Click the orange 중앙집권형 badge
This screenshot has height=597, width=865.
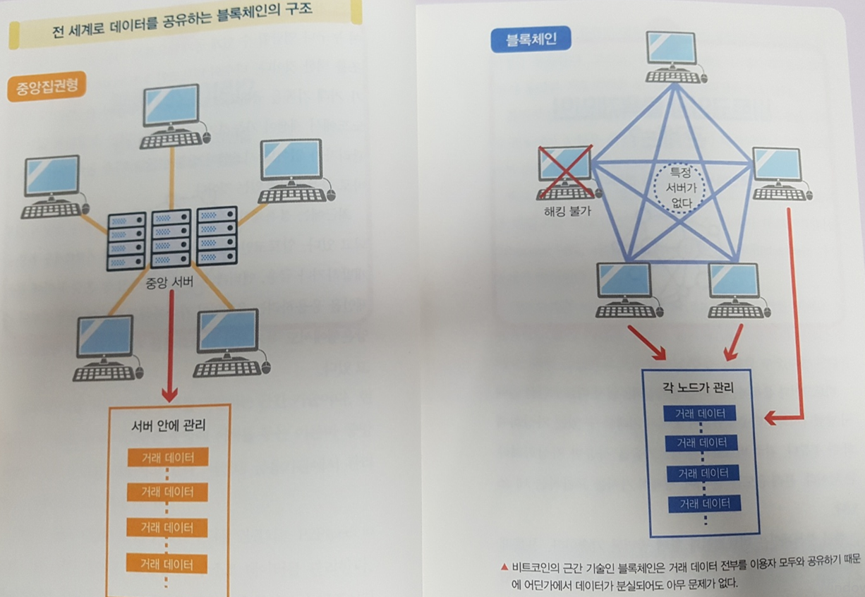(x=47, y=87)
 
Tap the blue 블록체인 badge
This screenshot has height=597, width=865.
(x=530, y=40)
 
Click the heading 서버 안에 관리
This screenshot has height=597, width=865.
(x=169, y=426)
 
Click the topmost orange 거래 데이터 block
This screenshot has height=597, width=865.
(x=168, y=457)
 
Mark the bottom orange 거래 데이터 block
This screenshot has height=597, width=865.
(x=168, y=564)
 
